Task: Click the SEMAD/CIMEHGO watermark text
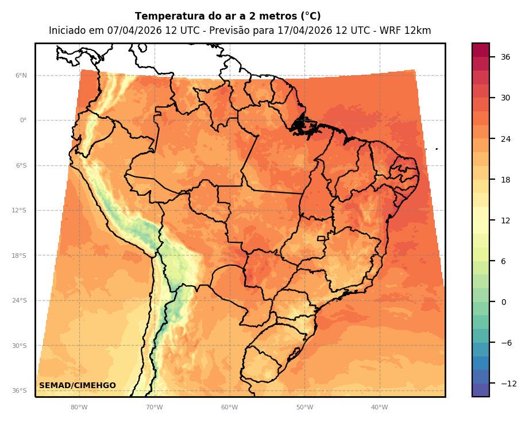click(x=78, y=385)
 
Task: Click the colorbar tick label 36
click(x=505, y=57)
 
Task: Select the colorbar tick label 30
click(x=505, y=98)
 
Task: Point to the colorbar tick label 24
click(x=505, y=139)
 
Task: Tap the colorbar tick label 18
click(x=505, y=180)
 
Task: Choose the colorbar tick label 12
click(x=505, y=220)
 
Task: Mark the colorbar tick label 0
click(x=504, y=302)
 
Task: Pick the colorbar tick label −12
click(x=508, y=384)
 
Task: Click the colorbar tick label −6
click(x=506, y=343)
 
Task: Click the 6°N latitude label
click(x=21, y=76)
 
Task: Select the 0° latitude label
click(x=23, y=121)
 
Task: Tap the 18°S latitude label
click(x=20, y=255)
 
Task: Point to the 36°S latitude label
click(x=20, y=391)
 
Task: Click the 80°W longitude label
click(x=79, y=408)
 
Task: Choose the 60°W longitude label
click(x=229, y=408)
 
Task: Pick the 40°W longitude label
click(x=379, y=408)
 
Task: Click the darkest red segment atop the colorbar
click(x=481, y=50)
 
